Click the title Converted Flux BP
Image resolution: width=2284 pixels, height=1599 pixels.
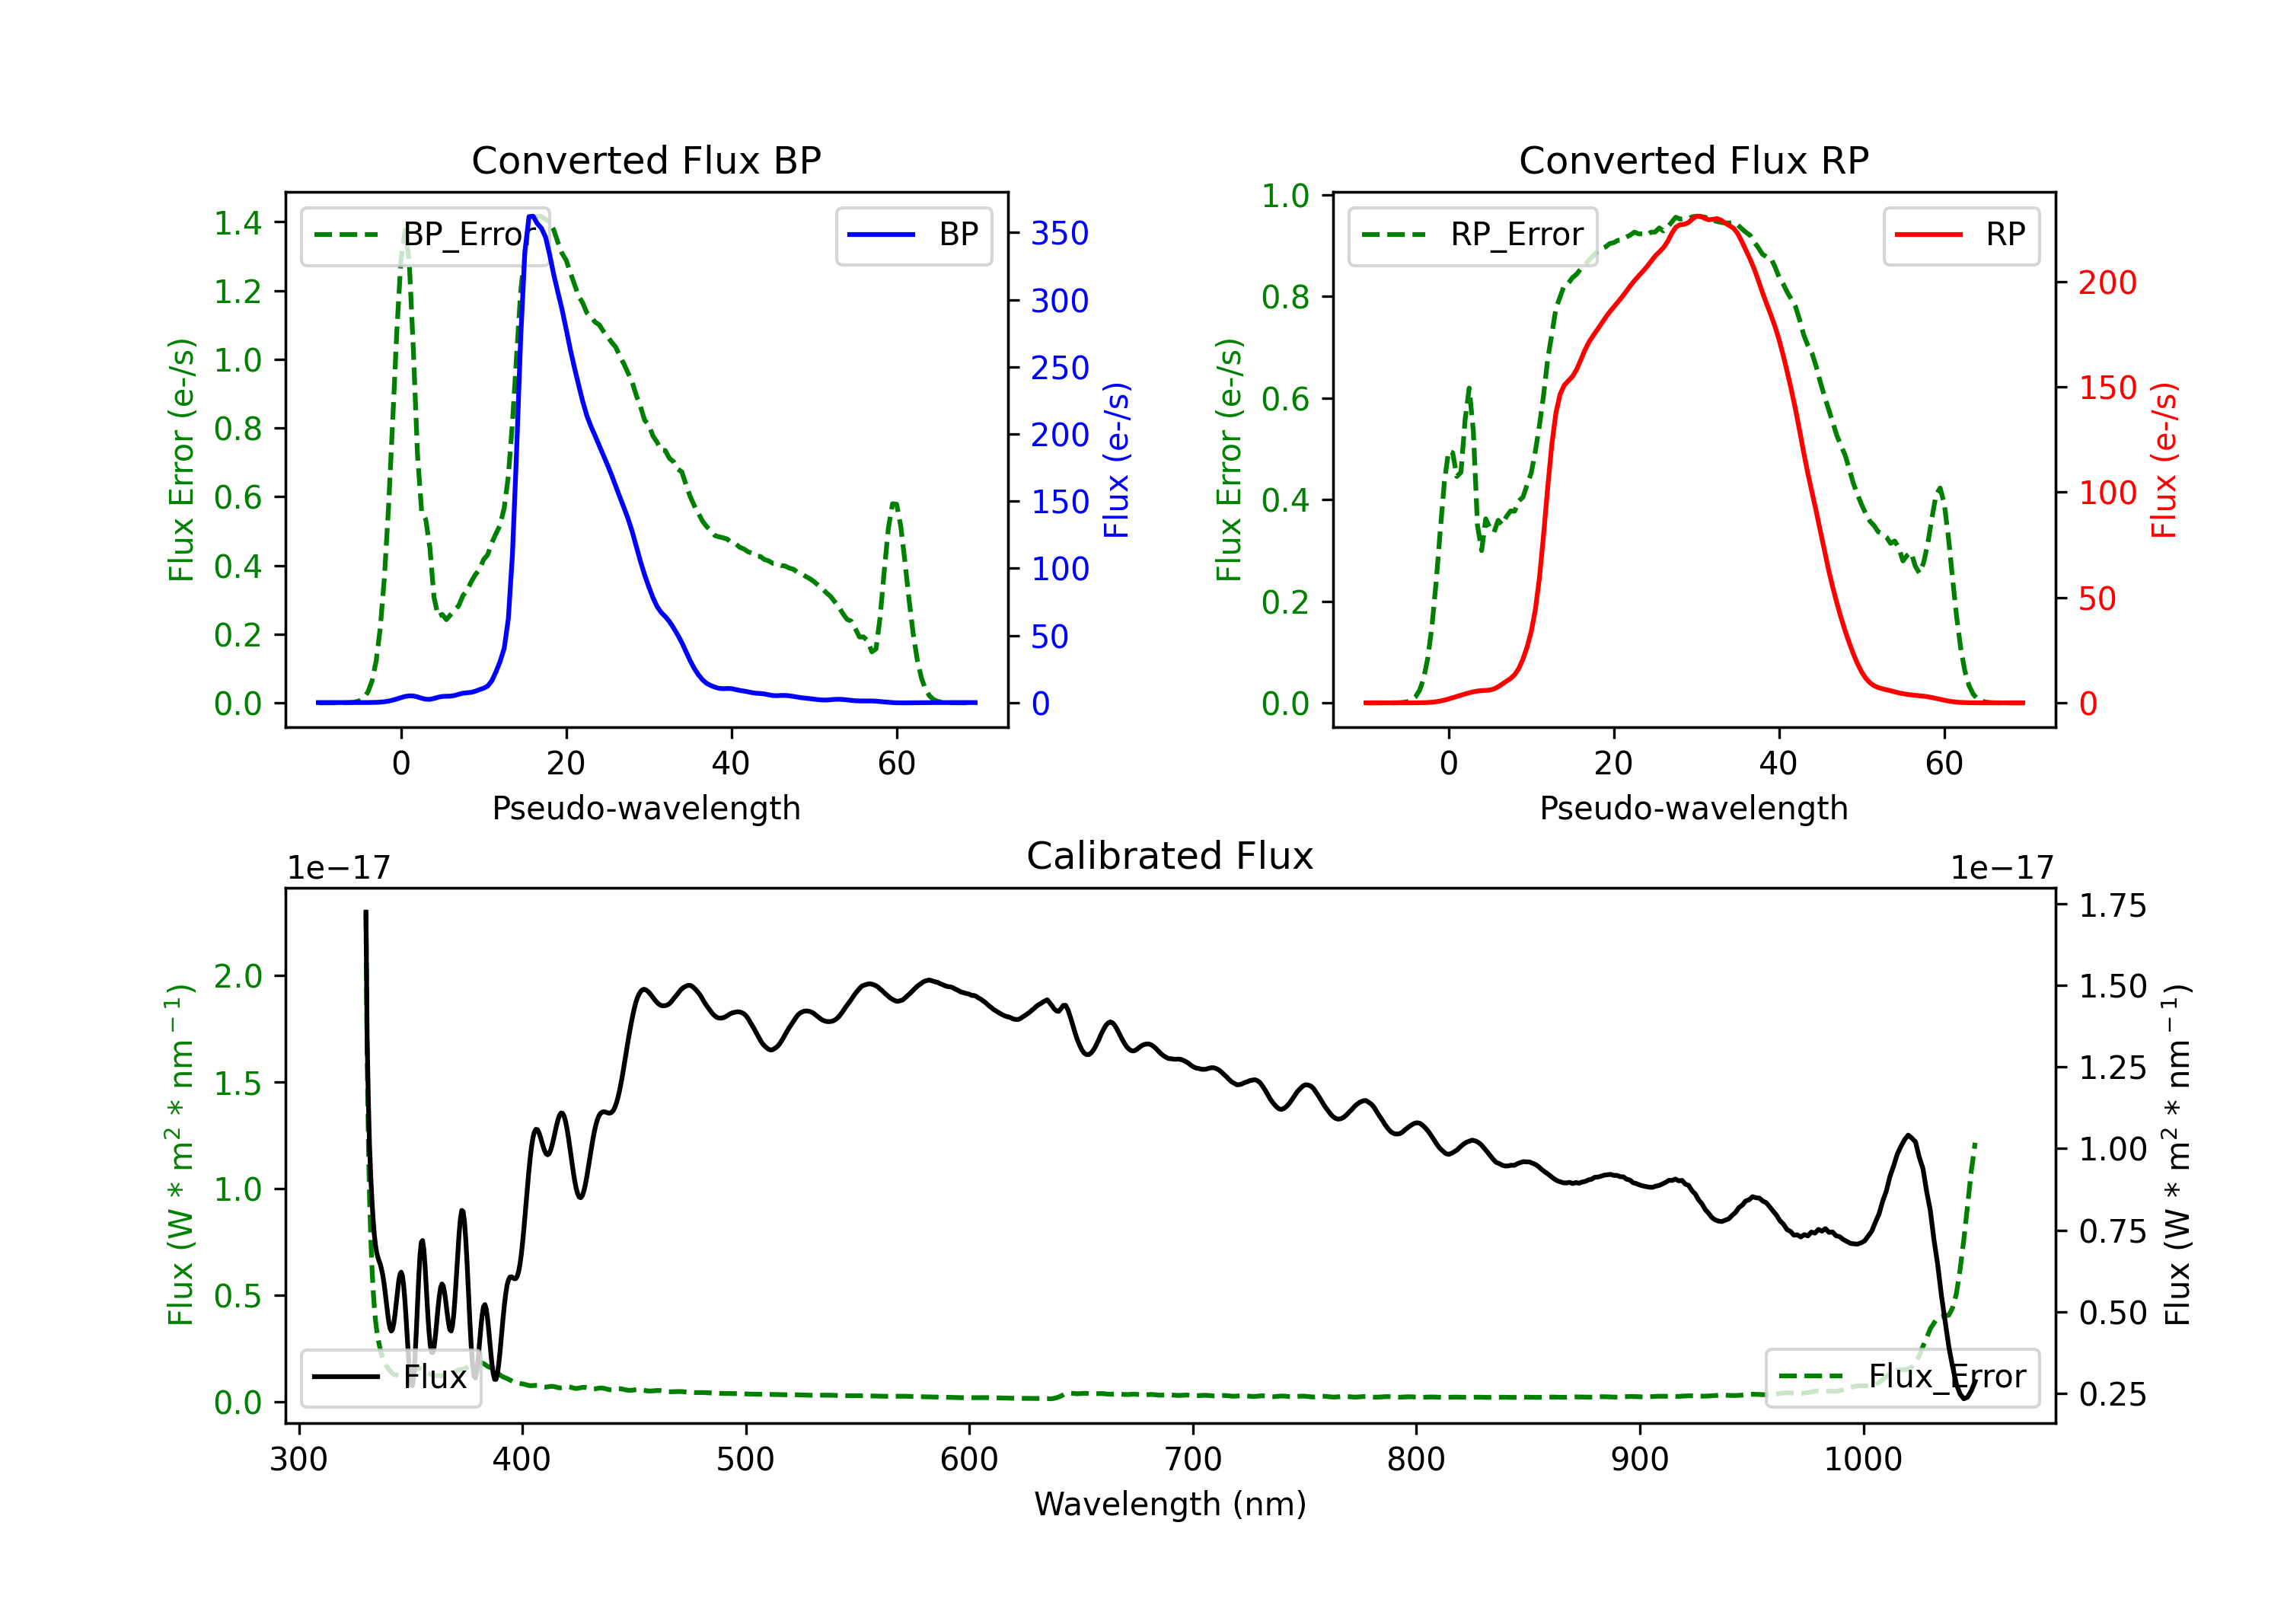coord(646,160)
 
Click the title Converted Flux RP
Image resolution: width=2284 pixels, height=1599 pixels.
coord(1693,160)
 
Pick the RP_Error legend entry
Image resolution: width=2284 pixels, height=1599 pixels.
coord(1472,235)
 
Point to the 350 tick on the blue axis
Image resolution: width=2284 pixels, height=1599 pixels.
coord(1060,234)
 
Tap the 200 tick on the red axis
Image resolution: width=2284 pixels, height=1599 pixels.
coord(2107,282)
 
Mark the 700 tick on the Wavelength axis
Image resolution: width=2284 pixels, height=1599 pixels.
coord(1193,1459)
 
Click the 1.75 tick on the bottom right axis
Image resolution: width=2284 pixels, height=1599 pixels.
coord(2112,906)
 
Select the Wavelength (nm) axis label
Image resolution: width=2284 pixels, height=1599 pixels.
coord(1170,1504)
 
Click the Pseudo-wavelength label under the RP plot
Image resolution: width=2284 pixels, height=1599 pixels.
coord(1693,808)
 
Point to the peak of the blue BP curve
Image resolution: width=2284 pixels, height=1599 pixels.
coord(532,216)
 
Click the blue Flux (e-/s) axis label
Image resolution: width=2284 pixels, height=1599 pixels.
coord(1116,461)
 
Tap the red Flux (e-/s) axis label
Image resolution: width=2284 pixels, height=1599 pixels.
coord(2164,461)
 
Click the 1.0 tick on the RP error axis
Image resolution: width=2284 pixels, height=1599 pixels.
coord(1285,196)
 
